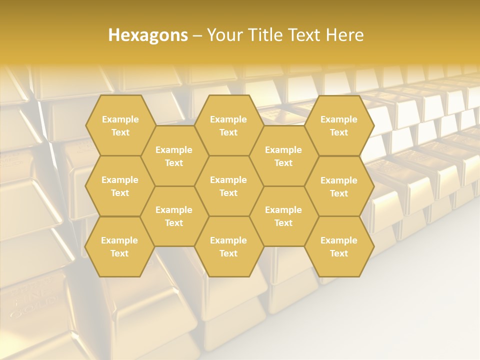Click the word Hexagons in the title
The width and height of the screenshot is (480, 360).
pyautogui.click(x=148, y=35)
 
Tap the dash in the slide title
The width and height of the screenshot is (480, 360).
pyautogui.click(x=197, y=35)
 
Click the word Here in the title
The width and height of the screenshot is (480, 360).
pyautogui.click(x=344, y=35)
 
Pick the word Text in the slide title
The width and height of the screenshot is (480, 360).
pyautogui.click(x=301, y=35)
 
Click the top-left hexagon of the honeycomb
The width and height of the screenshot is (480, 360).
pyautogui.click(x=120, y=125)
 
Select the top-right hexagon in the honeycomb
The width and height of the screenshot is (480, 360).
pyautogui.click(x=339, y=125)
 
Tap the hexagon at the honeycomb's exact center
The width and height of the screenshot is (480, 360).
pyautogui.click(x=228, y=186)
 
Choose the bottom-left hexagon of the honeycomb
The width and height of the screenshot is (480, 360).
pyautogui.click(x=119, y=246)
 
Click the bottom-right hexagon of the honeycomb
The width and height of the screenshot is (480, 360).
pyautogui.click(x=339, y=246)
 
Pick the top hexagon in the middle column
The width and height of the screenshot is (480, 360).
pyautogui.click(x=228, y=125)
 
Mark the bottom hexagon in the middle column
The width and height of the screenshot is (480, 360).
pyautogui.click(x=228, y=246)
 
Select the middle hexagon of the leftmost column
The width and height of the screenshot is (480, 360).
pyautogui.click(x=120, y=186)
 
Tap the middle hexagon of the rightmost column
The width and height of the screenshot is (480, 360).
pyautogui.click(x=339, y=186)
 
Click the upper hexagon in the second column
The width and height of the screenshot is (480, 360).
pyautogui.click(x=174, y=156)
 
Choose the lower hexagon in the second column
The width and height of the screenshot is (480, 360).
pyautogui.click(x=174, y=216)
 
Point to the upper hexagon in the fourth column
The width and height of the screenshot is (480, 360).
pyautogui.click(x=283, y=156)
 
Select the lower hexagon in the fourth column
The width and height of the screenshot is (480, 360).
pyautogui.click(x=283, y=216)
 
